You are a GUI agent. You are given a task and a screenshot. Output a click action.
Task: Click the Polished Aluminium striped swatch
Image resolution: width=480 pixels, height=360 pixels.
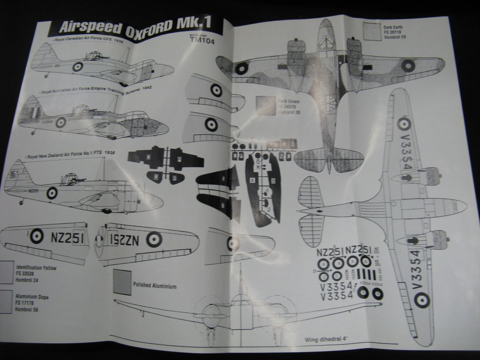[122, 282]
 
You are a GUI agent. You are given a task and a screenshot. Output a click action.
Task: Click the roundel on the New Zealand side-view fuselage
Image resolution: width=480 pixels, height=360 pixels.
[52, 193]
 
